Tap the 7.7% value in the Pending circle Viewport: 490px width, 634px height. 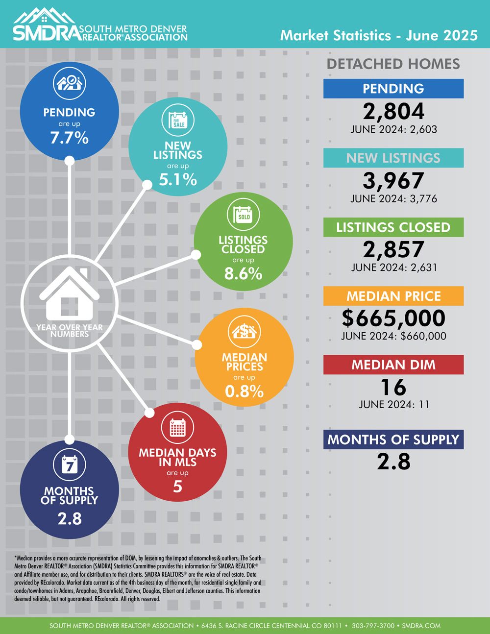pyautogui.click(x=70, y=138)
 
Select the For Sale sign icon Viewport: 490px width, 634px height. pyautogui.click(x=178, y=120)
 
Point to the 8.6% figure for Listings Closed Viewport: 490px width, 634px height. pyautogui.click(x=244, y=274)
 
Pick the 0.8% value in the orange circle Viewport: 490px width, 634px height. pyautogui.click(x=244, y=391)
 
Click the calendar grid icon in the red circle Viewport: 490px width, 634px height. pyautogui.click(x=177, y=428)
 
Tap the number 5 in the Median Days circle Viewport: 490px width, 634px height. pyautogui.click(x=177, y=487)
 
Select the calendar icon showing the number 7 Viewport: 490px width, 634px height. pyautogui.click(x=70, y=464)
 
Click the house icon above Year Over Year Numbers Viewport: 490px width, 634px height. pyautogui.click(x=69, y=294)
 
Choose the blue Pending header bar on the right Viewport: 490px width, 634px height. pyautogui.click(x=393, y=89)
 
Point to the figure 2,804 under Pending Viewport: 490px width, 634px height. pyautogui.click(x=393, y=112)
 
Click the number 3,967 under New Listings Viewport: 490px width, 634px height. pyautogui.click(x=393, y=181)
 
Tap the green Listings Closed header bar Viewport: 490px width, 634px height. pyautogui.click(x=393, y=227)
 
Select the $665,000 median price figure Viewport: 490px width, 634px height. pyautogui.click(x=393, y=318)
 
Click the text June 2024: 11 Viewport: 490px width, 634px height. pyautogui.click(x=393, y=405)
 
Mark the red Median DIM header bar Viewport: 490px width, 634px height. pyautogui.click(x=393, y=365)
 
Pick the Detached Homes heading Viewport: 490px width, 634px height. pyautogui.click(x=393, y=64)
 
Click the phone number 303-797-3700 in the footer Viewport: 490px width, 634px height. pyautogui.click(x=373, y=626)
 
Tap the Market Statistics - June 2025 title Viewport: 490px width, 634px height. pyautogui.click(x=379, y=35)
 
